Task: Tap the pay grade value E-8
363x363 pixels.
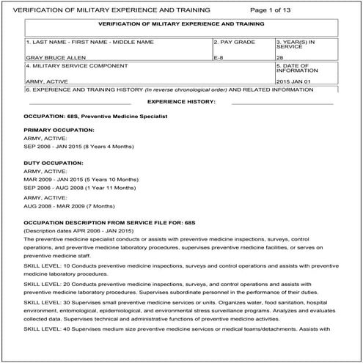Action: [219, 56]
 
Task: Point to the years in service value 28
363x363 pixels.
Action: [280, 56]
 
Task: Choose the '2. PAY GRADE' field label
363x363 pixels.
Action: [235, 42]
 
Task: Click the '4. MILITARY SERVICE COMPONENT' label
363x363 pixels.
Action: [67, 66]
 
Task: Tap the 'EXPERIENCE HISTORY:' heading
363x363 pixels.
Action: [181, 101]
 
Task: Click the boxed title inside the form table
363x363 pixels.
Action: [180, 24]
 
